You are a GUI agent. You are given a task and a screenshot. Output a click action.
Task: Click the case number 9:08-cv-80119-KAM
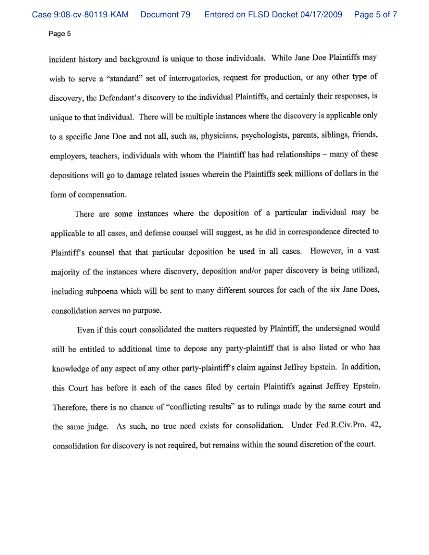(x=80, y=15)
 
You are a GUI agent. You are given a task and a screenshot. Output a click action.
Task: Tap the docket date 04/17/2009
(x=322, y=15)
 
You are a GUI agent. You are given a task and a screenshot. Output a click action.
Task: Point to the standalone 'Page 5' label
(x=59, y=34)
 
